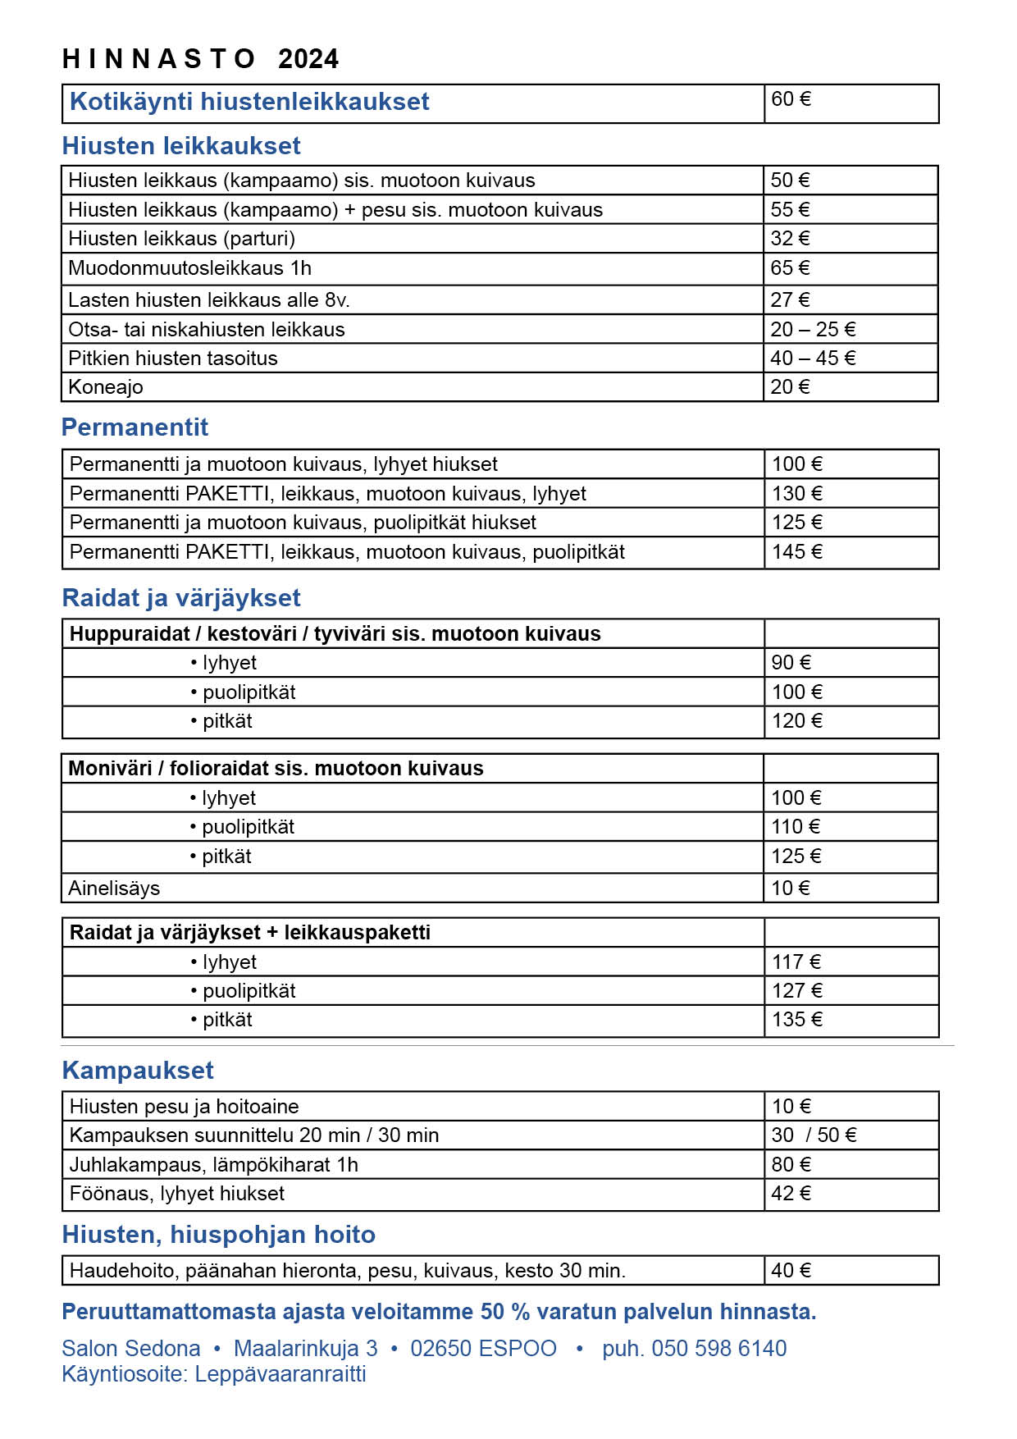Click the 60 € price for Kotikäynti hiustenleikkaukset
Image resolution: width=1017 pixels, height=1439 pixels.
pos(791,99)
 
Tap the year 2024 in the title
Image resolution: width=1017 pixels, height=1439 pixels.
pos(308,59)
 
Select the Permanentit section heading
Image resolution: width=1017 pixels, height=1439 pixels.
pos(135,427)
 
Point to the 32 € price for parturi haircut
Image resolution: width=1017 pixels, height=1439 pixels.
pos(790,239)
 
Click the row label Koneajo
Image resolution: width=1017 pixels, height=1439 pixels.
pos(106,387)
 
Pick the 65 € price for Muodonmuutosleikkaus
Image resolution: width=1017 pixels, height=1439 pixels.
pos(790,268)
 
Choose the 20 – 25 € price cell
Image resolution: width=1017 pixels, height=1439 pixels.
pos(813,330)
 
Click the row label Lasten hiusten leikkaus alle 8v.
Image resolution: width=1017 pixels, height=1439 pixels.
pos(209,300)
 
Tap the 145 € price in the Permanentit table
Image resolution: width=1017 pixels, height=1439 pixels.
pos(796,552)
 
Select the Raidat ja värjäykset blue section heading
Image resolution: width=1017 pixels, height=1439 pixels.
pos(181,598)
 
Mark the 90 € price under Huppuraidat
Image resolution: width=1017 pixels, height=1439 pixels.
pos(791,663)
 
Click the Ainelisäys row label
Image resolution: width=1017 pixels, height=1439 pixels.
pos(114,889)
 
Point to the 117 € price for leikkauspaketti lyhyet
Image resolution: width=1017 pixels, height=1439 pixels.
pos(796,962)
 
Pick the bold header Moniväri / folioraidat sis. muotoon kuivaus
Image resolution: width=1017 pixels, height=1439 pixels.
pos(276,769)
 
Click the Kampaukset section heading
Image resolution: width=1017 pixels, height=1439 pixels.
pos(138,1071)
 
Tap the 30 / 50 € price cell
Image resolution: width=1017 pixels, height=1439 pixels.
pos(814,1135)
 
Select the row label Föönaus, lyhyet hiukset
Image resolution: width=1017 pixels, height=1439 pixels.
pos(177,1194)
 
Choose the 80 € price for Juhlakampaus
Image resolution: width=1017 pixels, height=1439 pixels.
pos(791,1165)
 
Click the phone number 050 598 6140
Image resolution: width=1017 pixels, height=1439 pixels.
pos(718,1349)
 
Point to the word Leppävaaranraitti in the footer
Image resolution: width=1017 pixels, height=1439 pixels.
pos(280,1374)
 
